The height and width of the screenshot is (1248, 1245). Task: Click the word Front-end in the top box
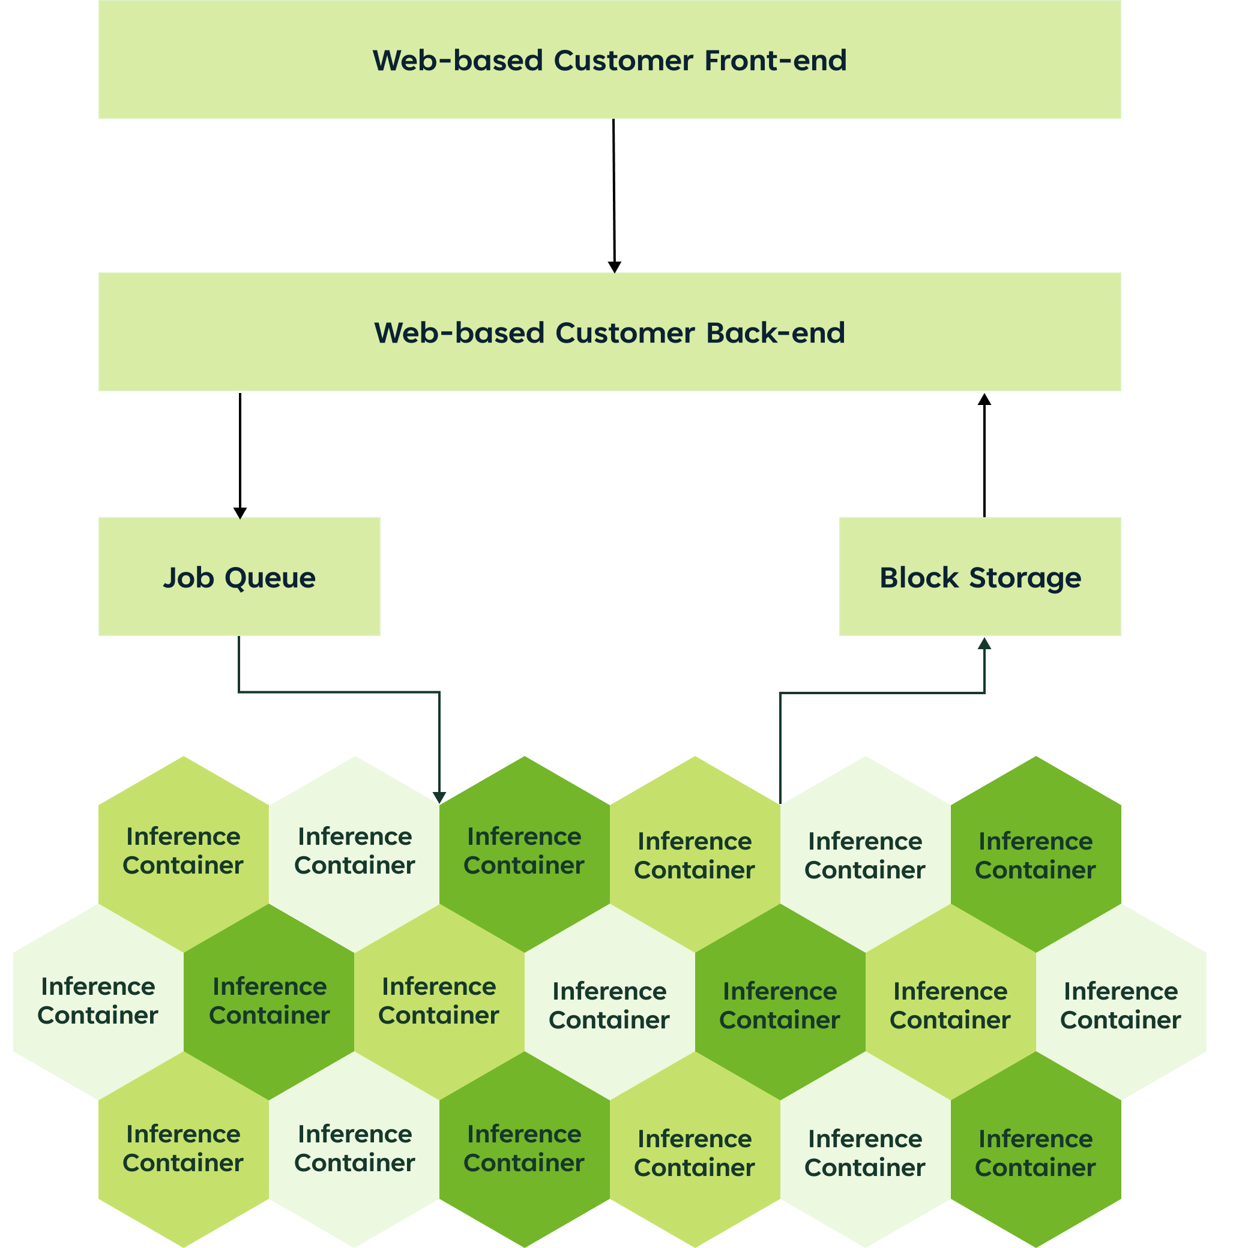pyautogui.click(x=775, y=61)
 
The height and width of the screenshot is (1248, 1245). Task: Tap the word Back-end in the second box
pyautogui.click(x=775, y=334)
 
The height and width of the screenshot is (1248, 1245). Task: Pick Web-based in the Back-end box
pyautogui.click(x=459, y=334)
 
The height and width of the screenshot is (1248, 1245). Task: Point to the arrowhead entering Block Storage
pyautogui.click(x=984, y=643)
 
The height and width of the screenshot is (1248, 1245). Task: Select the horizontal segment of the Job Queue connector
pyautogui.click(x=339, y=692)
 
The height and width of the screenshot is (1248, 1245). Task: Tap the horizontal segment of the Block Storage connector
pyautogui.click(x=882, y=693)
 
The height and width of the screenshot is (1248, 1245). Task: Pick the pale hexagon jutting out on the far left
pyautogui.click(x=97, y=1002)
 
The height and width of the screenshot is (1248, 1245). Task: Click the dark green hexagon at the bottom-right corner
pyautogui.click(x=1035, y=1153)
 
